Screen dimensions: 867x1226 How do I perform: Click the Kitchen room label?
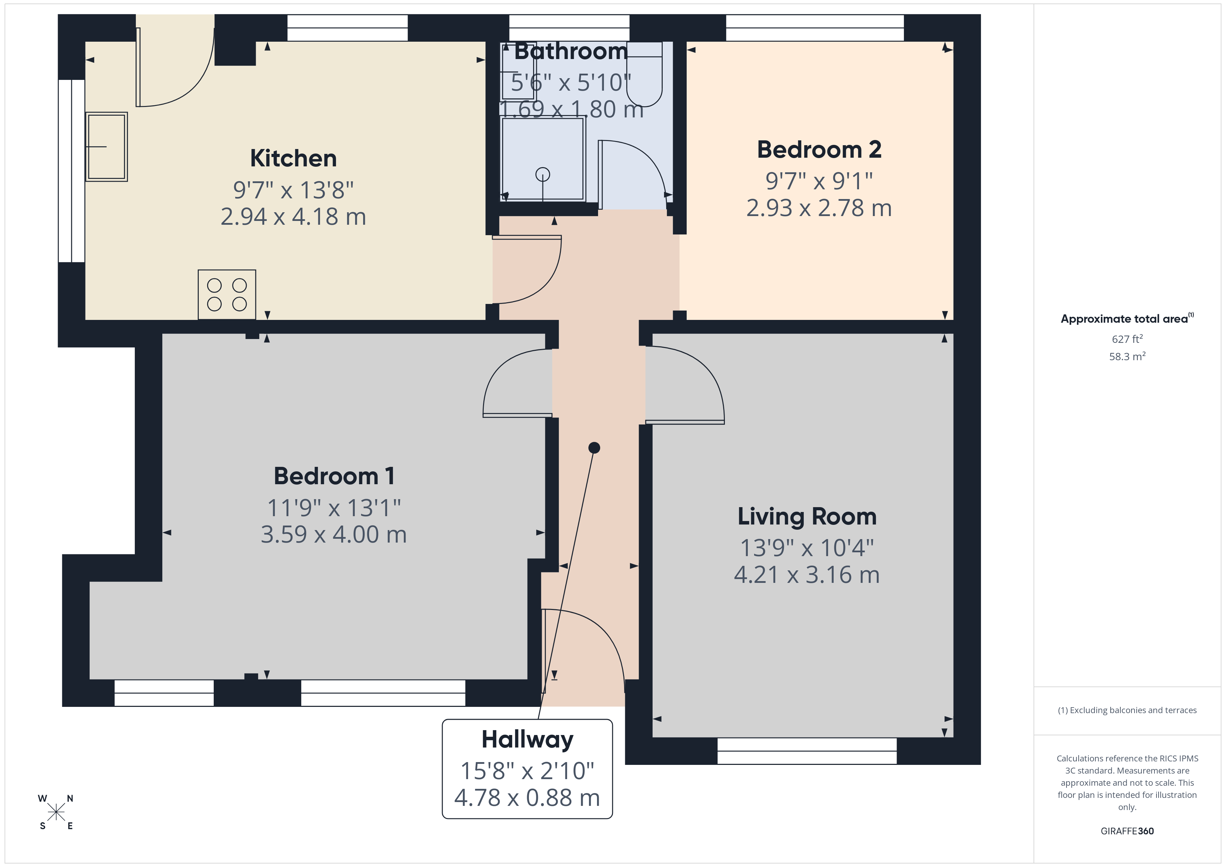coord(293,158)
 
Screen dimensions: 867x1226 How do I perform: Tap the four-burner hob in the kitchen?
coord(227,295)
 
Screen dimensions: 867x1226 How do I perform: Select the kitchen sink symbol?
coord(106,147)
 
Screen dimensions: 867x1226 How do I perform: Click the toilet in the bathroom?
coord(645,75)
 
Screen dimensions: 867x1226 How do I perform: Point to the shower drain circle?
coord(542,174)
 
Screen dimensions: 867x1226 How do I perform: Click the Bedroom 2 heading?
coord(819,149)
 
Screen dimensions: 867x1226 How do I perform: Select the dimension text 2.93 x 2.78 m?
coord(819,208)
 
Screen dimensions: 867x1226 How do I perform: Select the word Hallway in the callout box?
coord(527,740)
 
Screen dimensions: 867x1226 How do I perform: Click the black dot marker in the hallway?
coord(594,448)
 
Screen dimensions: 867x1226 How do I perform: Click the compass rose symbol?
coord(56,812)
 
